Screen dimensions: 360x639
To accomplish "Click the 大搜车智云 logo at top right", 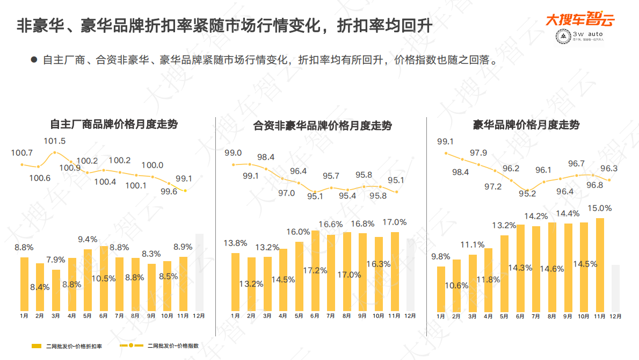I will point(579,20).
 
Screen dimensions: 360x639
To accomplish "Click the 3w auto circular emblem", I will point(562,38).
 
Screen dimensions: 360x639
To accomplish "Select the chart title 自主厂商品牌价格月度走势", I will point(113,124).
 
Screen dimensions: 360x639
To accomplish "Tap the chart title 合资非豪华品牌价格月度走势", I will point(322,126).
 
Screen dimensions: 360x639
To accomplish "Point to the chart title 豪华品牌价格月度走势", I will point(526,125).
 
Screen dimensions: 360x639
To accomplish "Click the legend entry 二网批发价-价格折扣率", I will point(67,346).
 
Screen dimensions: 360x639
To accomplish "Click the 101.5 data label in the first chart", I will point(54,141).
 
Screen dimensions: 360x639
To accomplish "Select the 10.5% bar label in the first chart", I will point(104,278).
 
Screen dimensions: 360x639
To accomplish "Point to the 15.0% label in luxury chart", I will point(600,208).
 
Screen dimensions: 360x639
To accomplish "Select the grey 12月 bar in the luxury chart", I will point(616,287).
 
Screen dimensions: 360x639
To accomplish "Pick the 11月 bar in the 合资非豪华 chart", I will point(395,271).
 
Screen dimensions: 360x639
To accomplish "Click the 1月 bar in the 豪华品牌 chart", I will point(441,289).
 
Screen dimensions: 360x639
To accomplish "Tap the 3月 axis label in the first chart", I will point(56,316).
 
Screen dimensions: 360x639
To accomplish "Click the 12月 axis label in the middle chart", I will point(410,316).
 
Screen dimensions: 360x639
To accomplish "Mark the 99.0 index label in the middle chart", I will point(233,153).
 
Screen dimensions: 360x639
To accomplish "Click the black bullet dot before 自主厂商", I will point(34,60).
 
